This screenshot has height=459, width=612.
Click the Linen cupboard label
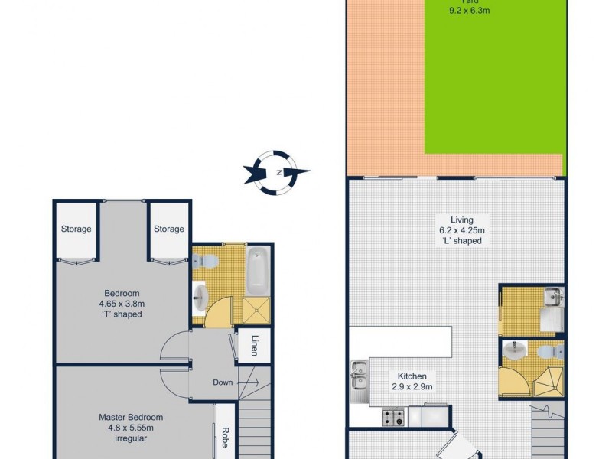(252, 347)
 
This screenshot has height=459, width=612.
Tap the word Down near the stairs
(223, 382)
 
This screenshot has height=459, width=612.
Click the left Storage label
(76, 229)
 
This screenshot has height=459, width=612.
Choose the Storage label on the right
(168, 229)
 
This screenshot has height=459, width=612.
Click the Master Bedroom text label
(131, 417)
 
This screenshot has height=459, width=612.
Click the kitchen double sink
(359, 376)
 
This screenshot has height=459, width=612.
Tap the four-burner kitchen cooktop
(393, 418)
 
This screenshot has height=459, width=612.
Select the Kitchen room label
(416, 376)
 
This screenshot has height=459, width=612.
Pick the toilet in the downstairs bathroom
(547, 350)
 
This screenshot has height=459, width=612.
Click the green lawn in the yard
(493, 84)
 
